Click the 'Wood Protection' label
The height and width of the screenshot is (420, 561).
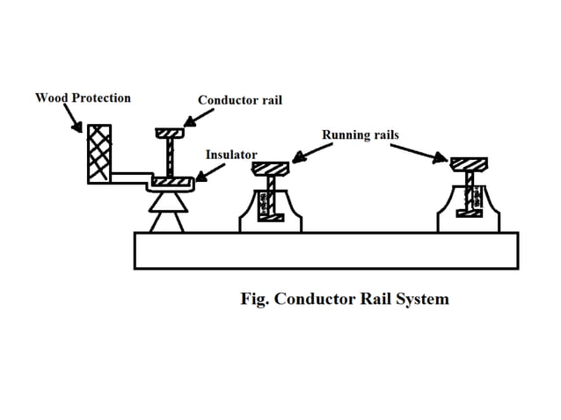tap(83, 98)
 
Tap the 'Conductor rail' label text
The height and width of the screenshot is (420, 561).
tap(240, 100)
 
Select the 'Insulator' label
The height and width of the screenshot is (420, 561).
tap(231, 155)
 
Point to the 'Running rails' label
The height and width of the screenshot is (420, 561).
tap(360, 134)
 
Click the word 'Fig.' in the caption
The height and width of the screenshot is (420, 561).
tap(255, 299)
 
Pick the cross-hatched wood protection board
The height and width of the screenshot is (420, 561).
tap(98, 154)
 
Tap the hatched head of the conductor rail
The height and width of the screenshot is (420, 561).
tap(168, 133)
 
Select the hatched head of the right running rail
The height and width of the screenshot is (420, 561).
tap(469, 163)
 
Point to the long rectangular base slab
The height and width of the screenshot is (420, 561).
tap(325, 250)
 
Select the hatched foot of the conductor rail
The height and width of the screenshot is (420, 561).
tap(171, 182)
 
